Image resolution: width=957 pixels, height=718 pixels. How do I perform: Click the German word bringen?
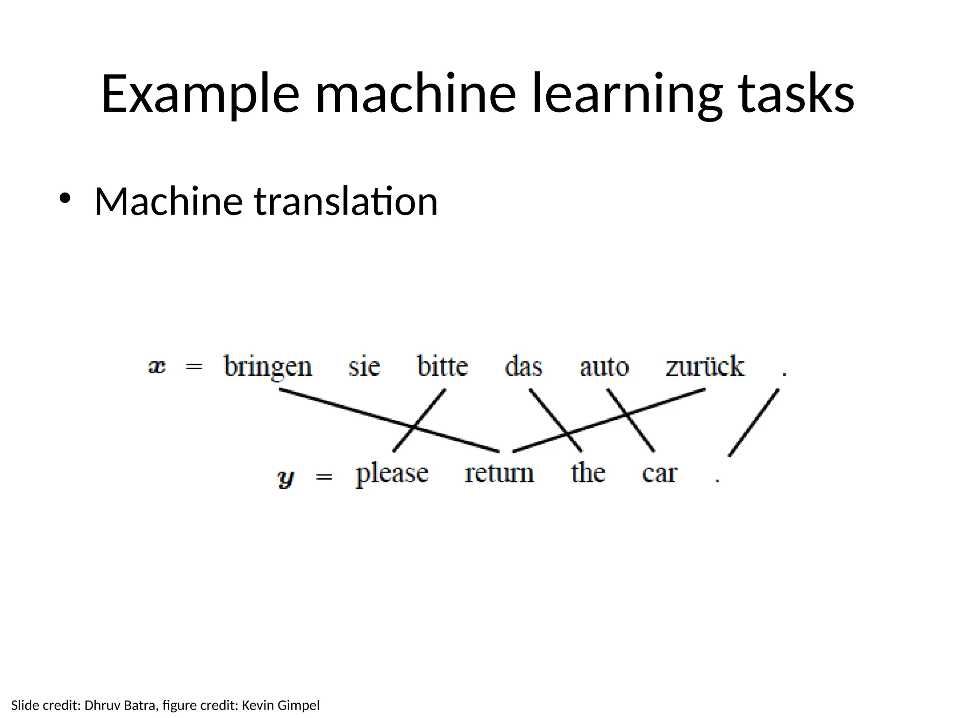pos(268,367)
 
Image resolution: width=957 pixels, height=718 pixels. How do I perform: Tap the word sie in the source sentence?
pos(364,366)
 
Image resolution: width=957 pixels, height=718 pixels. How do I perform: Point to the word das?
pos(523,366)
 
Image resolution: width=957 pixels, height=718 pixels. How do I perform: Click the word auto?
pos(604,367)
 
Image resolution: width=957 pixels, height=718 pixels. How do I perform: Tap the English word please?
pos(392,474)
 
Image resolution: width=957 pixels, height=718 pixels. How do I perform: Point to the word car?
pos(659,474)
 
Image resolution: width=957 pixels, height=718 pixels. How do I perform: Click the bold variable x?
pos(157,367)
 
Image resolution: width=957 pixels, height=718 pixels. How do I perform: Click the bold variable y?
pos(286,478)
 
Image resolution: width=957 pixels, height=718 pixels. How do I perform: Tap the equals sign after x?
pos(194,367)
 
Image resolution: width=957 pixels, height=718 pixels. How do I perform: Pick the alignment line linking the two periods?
pos(754,422)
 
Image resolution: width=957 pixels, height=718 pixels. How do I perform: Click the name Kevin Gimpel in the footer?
pos(280,705)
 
